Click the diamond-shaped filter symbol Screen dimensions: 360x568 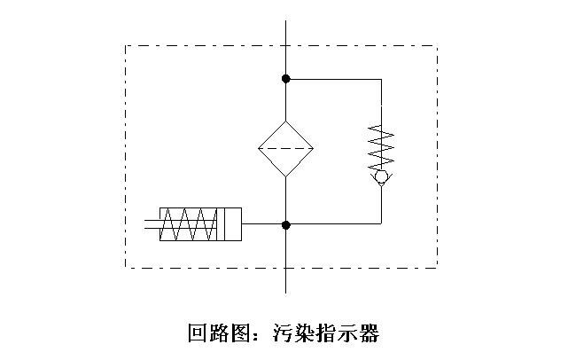coord(285,148)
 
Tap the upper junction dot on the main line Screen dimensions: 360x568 coord(285,79)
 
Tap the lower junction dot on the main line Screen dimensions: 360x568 coord(285,225)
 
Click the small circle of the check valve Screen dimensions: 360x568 coord(381,177)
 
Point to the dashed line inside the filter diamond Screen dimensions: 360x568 coord(285,148)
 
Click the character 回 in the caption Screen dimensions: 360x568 coord(198,334)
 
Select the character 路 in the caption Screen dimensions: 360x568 coord(219,334)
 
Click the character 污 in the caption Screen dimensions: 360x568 coord(284,334)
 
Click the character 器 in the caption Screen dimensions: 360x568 coord(370,334)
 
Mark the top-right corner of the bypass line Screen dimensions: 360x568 coord(381,79)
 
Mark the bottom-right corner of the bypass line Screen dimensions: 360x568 coord(381,225)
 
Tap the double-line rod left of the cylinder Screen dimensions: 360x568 coord(152,225)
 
